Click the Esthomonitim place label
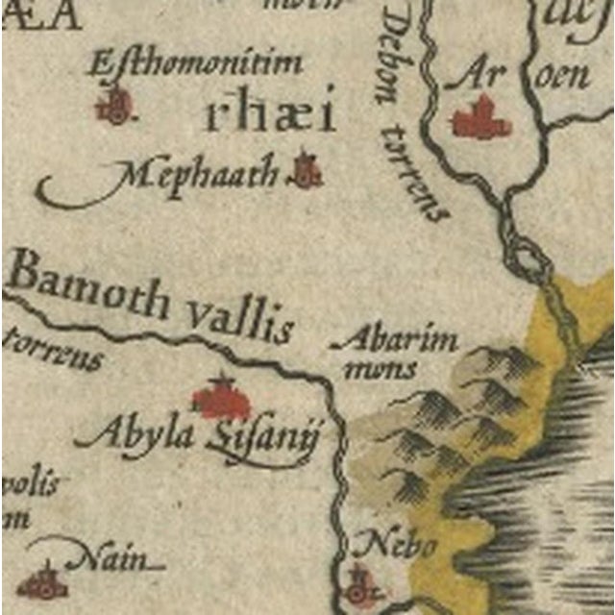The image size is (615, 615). (x=196, y=64)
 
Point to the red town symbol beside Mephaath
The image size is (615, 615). (x=307, y=170)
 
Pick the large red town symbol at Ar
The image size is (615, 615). (x=481, y=120)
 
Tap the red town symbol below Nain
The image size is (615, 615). (x=41, y=580)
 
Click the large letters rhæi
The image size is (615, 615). (x=272, y=114)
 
